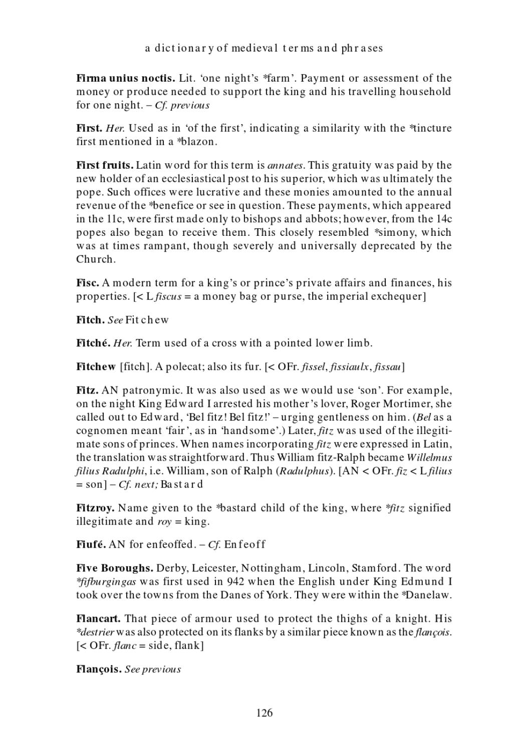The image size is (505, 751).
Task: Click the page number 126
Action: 264,713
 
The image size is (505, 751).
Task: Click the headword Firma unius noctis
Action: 125,78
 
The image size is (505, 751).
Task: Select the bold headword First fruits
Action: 105,165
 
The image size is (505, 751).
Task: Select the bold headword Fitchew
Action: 96,367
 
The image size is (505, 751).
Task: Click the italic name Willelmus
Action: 429,458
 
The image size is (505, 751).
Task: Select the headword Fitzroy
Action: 95,508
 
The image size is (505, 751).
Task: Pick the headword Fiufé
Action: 91,544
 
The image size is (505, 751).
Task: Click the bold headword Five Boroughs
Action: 115,568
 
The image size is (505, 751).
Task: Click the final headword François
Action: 99,669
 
